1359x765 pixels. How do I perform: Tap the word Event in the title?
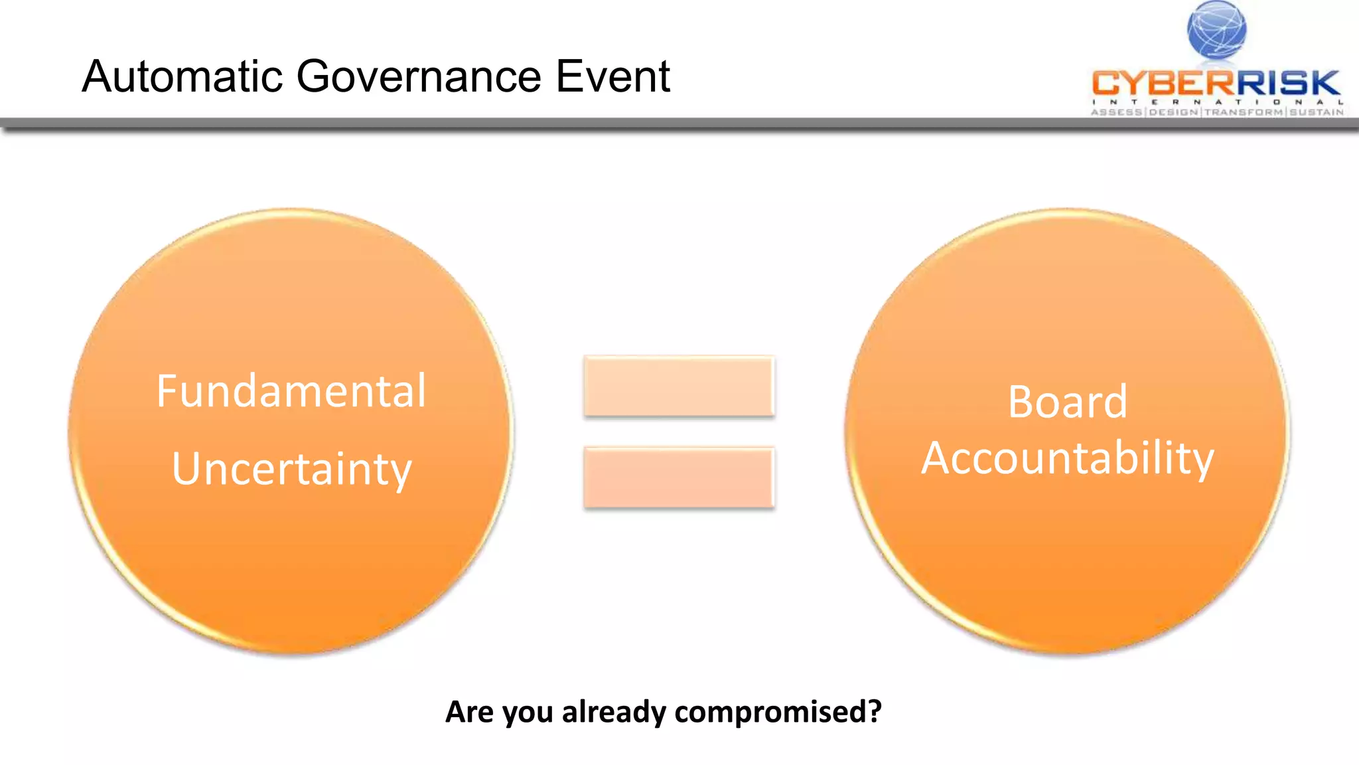612,76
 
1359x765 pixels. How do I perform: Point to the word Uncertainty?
291,469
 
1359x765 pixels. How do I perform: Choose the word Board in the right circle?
1067,402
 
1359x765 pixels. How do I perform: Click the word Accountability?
1067,458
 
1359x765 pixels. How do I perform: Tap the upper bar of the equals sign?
679,386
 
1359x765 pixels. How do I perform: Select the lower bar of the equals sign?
679,477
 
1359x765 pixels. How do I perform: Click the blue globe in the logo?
1216,29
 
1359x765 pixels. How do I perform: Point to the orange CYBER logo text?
1163,84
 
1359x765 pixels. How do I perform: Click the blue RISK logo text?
1287,84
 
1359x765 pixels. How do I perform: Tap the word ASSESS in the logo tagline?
1117,112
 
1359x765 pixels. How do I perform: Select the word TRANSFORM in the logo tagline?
1244,112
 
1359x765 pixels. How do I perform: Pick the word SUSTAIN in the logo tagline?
1317,112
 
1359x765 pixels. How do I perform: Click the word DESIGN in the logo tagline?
1173,112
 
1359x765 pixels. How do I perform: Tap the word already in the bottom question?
614,712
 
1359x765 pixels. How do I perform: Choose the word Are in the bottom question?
469,712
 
